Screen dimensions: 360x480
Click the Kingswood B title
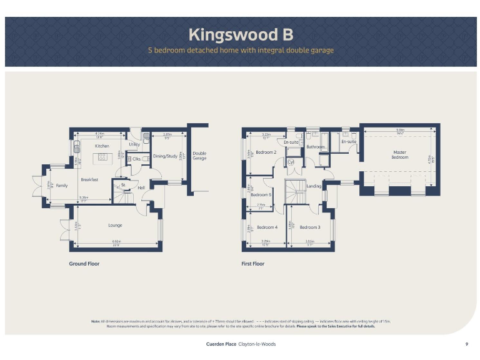click(x=241, y=34)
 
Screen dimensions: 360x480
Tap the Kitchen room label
click(x=102, y=146)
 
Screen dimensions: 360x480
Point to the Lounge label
click(x=115, y=225)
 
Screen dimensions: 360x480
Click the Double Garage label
click(x=199, y=156)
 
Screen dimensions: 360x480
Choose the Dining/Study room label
click(x=166, y=156)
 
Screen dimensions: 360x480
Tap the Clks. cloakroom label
click(x=136, y=159)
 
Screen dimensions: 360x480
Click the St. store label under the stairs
click(x=123, y=184)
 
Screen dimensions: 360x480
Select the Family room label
click(x=61, y=186)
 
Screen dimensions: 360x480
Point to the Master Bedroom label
click(x=399, y=154)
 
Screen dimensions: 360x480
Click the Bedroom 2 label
click(x=266, y=152)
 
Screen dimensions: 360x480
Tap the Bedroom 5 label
click(x=261, y=195)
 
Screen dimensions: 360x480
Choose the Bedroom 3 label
click(x=309, y=227)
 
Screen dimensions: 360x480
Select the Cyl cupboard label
click(x=290, y=162)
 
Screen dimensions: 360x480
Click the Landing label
click(x=314, y=186)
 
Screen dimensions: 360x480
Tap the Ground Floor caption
click(x=84, y=264)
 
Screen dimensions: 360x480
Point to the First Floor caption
click(x=252, y=264)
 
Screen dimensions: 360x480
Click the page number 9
click(x=466, y=344)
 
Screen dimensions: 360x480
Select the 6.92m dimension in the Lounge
click(x=116, y=242)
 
